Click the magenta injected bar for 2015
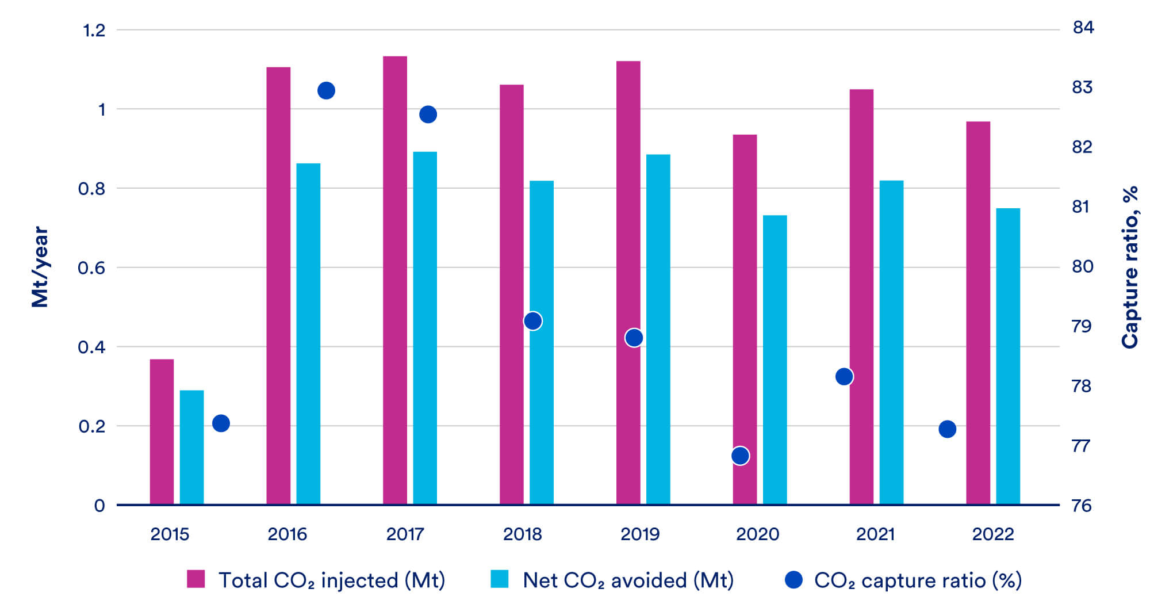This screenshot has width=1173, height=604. tap(162, 431)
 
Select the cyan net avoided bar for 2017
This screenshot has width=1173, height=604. tap(425, 328)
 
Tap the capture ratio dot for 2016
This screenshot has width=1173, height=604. tap(326, 91)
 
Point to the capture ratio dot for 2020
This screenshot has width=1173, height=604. tap(741, 456)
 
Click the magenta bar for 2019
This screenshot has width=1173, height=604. tap(628, 282)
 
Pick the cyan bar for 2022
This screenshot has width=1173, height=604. tap(1008, 357)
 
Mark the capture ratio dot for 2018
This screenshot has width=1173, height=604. tap(533, 321)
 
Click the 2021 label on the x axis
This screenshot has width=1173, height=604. tap(875, 534)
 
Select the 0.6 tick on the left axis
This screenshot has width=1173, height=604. tap(91, 268)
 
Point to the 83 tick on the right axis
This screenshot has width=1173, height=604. tap(1082, 87)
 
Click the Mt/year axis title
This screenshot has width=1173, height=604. tap(40, 267)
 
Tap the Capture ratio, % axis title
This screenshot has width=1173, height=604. tap(1130, 267)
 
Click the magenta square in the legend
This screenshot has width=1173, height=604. tap(195, 579)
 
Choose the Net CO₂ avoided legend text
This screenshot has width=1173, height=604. tap(628, 580)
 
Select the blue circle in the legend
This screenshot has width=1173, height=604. tap(793, 580)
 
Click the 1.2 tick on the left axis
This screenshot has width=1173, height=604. tap(94, 30)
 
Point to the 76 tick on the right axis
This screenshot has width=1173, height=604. tap(1082, 506)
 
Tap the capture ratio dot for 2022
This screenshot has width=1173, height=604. tap(947, 429)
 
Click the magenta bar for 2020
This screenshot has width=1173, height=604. tap(745, 319)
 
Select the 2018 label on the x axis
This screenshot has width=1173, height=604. tap(522, 534)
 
